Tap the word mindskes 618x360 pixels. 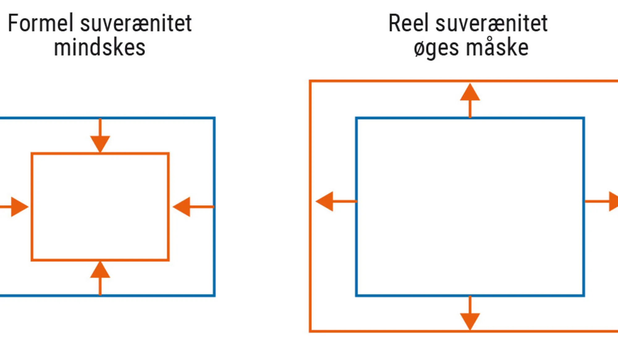99,48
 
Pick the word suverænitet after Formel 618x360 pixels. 136,23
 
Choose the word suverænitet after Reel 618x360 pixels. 491,23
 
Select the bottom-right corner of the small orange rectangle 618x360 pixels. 168,260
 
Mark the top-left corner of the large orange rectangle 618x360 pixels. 310,81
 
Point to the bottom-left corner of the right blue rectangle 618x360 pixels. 357,295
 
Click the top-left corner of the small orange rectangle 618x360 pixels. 32,154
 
